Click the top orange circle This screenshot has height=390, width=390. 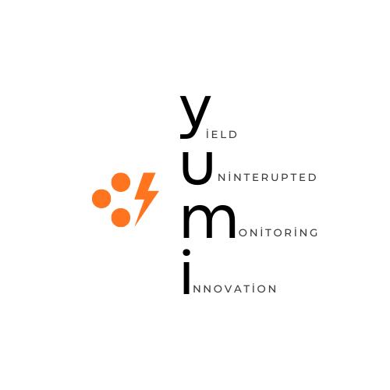(121, 183)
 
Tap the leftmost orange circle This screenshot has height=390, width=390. (101, 199)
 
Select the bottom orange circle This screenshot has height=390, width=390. (121, 218)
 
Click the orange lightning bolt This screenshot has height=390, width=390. (146, 199)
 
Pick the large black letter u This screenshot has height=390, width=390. (197, 168)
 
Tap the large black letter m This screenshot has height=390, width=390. (209, 222)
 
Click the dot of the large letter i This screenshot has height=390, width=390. (186, 253)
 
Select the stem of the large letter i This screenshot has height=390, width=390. (186, 278)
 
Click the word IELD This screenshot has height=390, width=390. (222, 134)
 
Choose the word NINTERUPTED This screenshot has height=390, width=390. (268, 177)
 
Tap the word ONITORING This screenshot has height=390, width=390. (278, 232)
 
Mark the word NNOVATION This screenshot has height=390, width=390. (235, 289)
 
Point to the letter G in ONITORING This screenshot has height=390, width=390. (314, 232)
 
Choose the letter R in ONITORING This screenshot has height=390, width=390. (289, 232)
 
